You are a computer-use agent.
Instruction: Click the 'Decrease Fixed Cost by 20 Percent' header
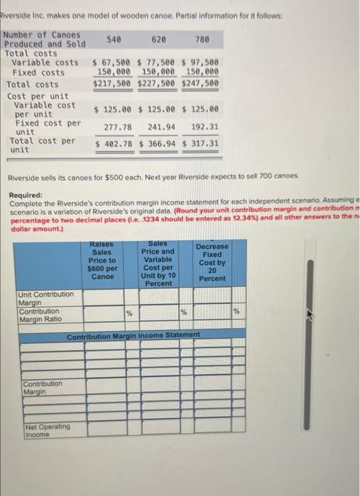coord(212,262)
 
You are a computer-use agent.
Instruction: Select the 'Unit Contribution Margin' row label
coord(45,298)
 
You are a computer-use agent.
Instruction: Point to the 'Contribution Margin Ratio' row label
coord(40,315)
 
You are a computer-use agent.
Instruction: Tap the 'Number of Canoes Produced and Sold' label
coord(44,44)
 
